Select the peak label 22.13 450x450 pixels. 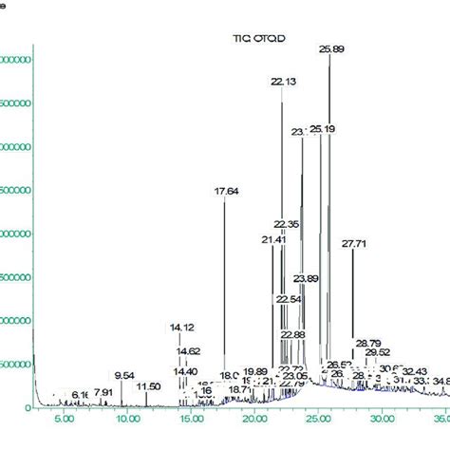pos(283,83)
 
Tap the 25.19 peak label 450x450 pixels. pos(323,129)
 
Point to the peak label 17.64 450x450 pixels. pos(226,192)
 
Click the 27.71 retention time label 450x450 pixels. pos(353,244)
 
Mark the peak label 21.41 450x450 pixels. pos(273,239)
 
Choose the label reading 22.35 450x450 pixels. pos(287,224)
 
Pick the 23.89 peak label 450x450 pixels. pos(306,278)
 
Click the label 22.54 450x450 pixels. pos(289,299)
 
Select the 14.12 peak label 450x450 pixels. pos(181,328)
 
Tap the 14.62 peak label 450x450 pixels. pos(188,351)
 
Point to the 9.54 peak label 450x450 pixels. pos(124,376)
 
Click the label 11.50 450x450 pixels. pos(148,386)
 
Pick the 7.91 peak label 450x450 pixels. pos(103,392)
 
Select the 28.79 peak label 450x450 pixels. pos(368,343)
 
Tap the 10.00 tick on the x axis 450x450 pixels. pos(127,419)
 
